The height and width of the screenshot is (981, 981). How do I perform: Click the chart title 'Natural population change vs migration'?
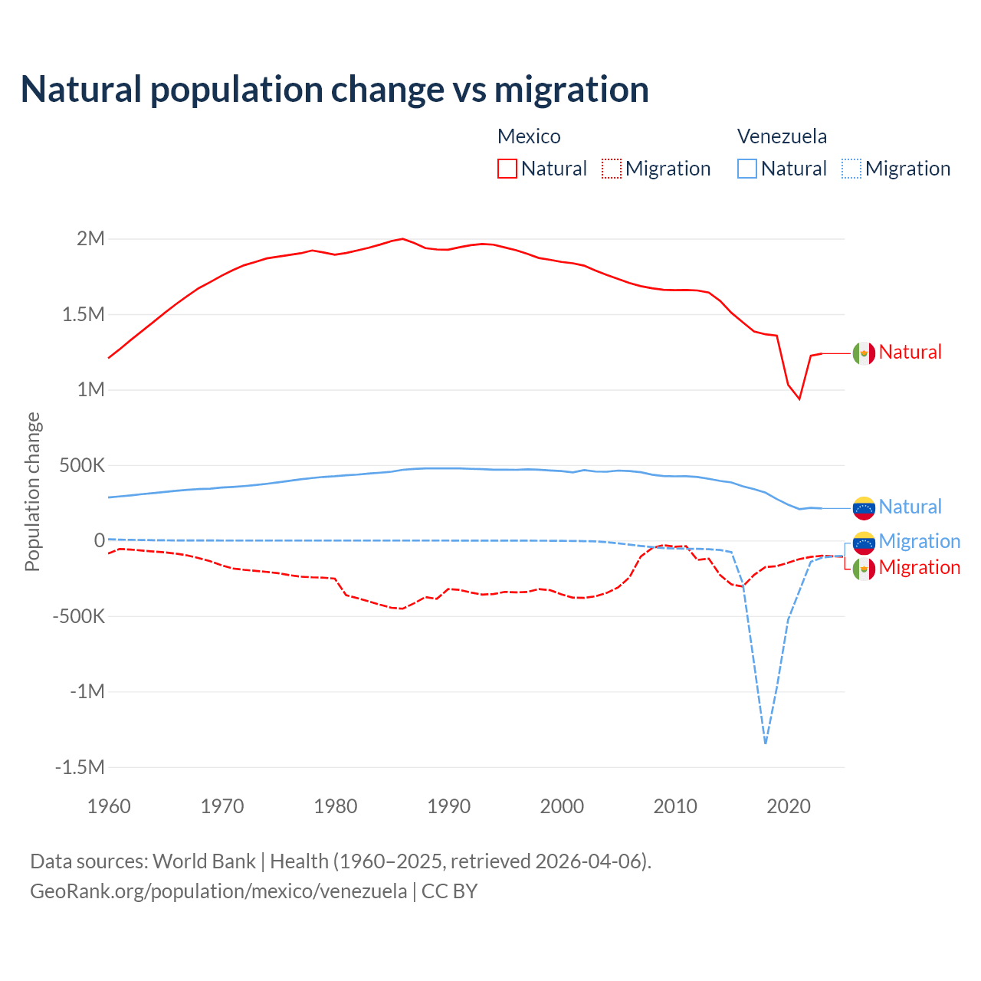pyautogui.click(x=335, y=90)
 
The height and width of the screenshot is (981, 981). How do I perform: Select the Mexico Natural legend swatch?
pyautogui.click(x=507, y=169)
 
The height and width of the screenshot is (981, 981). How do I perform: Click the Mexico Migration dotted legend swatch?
pyautogui.click(x=612, y=169)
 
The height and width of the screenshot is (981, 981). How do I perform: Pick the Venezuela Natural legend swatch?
pyautogui.click(x=747, y=169)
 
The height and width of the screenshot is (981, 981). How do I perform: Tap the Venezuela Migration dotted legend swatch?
pyautogui.click(x=851, y=169)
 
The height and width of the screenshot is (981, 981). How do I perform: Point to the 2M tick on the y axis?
pyautogui.click(x=90, y=238)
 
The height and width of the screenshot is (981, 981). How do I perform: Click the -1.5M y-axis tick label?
pyautogui.click(x=80, y=767)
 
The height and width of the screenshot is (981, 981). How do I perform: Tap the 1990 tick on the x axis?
pyautogui.click(x=449, y=806)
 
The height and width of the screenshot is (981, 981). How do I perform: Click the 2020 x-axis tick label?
pyautogui.click(x=789, y=806)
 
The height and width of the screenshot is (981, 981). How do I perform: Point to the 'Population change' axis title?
pyautogui.click(x=32, y=492)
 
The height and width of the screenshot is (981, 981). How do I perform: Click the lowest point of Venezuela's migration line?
pyautogui.click(x=766, y=743)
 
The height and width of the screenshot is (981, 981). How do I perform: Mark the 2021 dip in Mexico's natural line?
pyautogui.click(x=799, y=399)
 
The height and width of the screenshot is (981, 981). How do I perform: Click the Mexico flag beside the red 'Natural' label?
pyautogui.click(x=864, y=353)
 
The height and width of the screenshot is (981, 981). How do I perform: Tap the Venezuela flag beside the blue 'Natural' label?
pyautogui.click(x=864, y=507)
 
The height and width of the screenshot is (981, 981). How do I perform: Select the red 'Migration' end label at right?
pyautogui.click(x=919, y=568)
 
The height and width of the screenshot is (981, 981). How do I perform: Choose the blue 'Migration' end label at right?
pyautogui.click(x=919, y=541)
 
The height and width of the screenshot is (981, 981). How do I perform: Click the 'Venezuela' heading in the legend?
pyautogui.click(x=782, y=136)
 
